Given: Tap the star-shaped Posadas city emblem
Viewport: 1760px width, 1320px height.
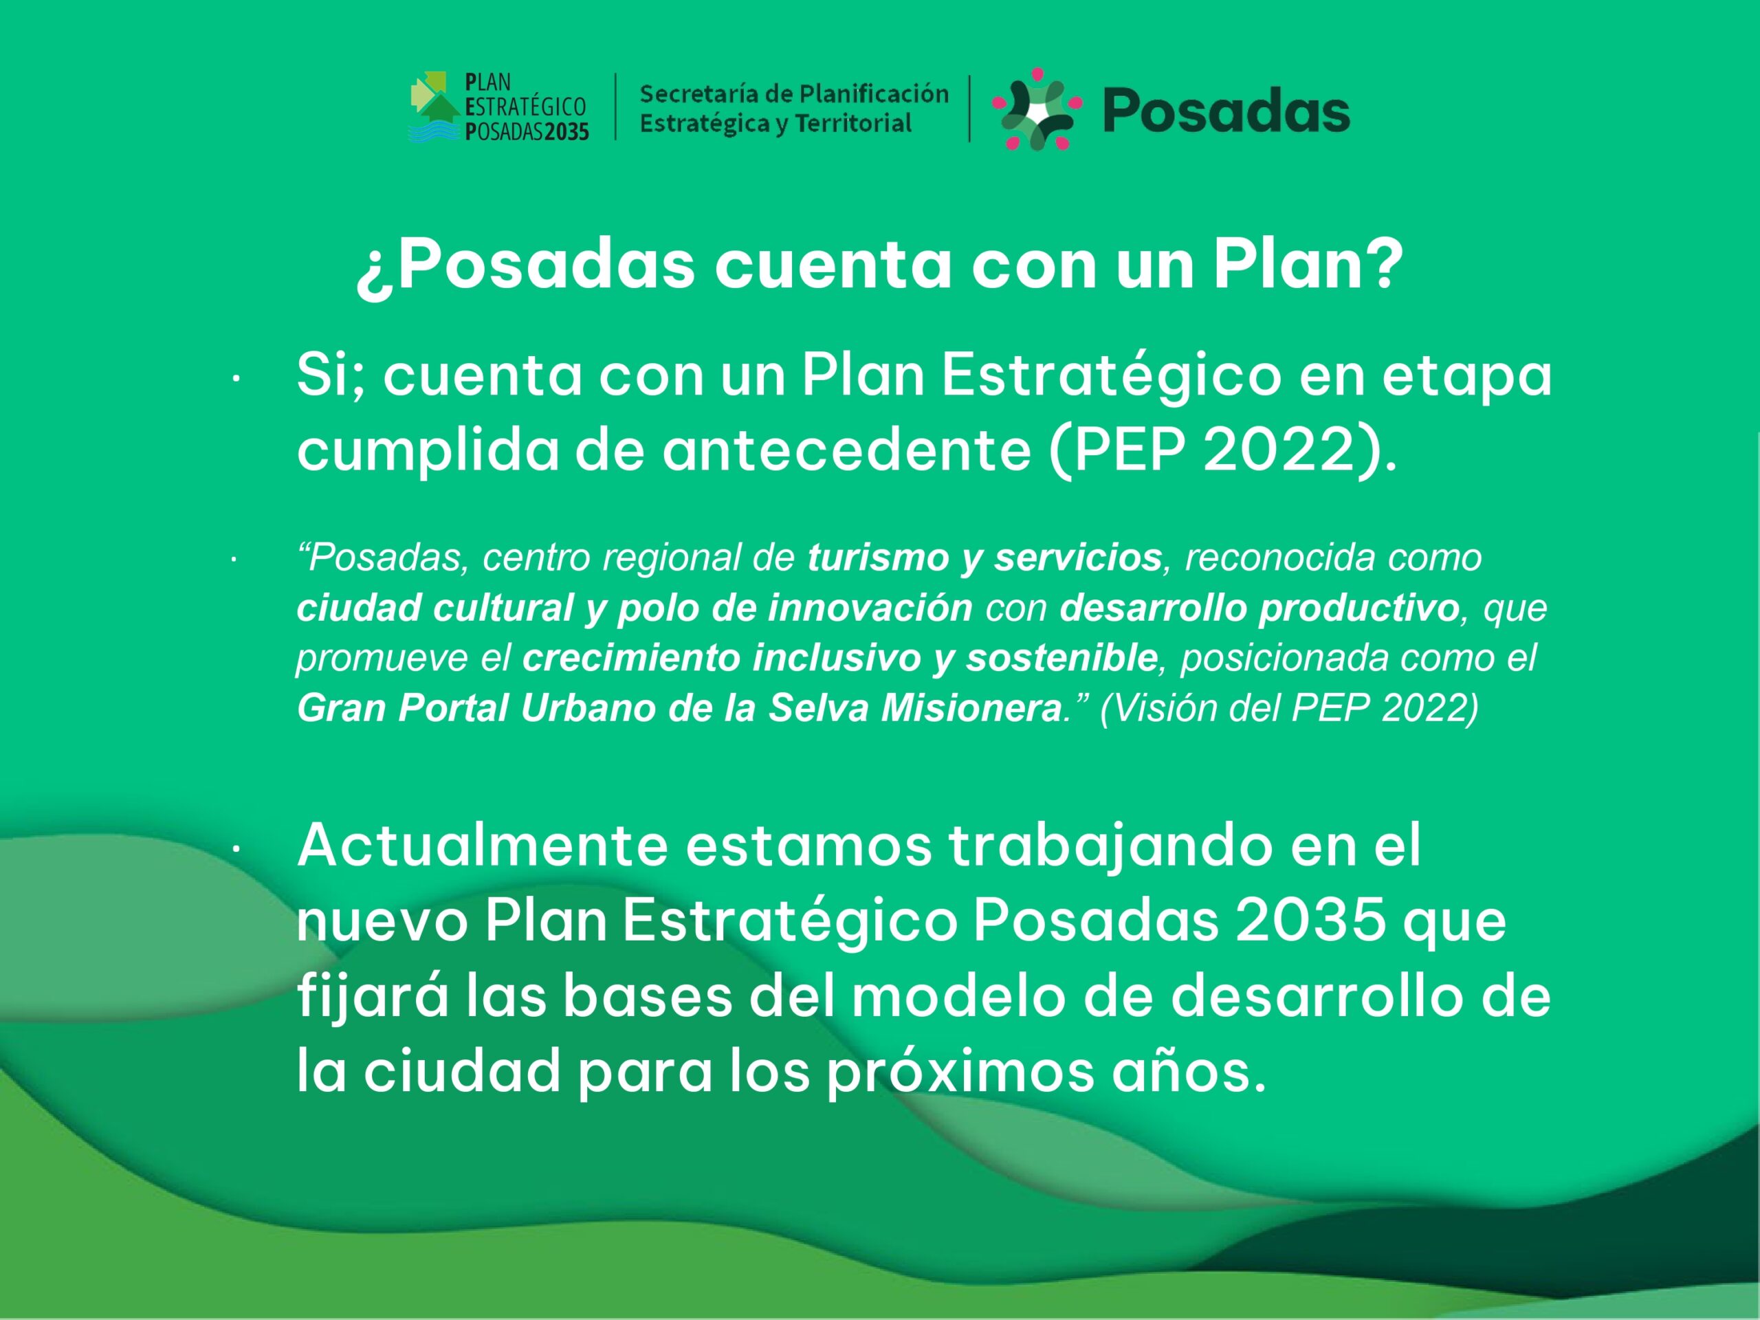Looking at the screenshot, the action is pos(1037,109).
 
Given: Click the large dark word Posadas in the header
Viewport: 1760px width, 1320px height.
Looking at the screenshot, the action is pos(1226,111).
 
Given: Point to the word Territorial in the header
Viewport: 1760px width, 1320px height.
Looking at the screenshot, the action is pos(853,123).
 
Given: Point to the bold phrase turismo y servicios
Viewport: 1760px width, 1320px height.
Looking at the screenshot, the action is pos(985,558).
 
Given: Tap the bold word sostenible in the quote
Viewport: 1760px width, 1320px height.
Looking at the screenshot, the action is pos(1061,658).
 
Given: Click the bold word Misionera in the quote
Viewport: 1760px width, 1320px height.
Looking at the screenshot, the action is pos(971,708).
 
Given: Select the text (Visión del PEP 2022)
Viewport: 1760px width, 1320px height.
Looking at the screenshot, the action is pos(1289,708).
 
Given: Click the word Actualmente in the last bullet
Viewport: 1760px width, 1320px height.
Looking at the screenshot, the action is pos(482,846).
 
